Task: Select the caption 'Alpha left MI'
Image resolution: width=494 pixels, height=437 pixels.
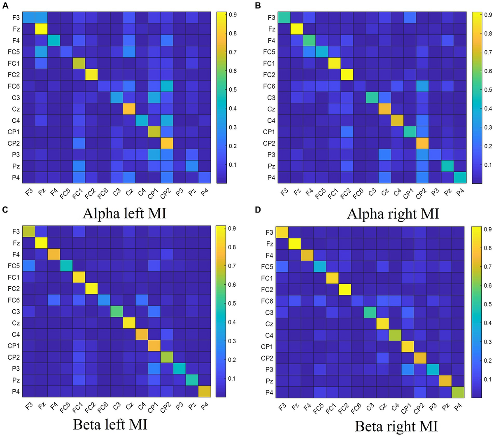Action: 124,213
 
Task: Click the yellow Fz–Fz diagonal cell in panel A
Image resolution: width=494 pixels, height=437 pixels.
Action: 41,29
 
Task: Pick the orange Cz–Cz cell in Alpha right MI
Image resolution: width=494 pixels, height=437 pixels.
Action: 385,109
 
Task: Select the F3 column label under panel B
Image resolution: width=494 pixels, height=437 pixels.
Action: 284,194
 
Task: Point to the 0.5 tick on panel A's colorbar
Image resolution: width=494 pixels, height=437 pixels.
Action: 232,90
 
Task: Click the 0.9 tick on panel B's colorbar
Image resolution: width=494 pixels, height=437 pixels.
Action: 488,15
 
